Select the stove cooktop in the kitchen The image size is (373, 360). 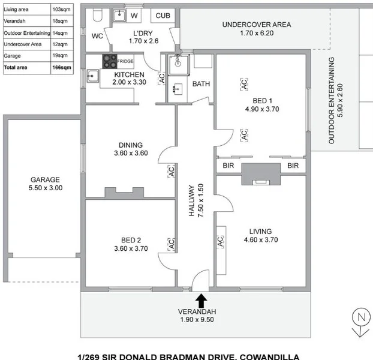click(x=110, y=61)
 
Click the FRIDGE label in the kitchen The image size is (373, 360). click(x=125, y=61)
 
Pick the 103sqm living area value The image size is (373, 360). click(x=61, y=10)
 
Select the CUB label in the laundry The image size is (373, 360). click(x=163, y=16)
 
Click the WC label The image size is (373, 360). click(x=98, y=36)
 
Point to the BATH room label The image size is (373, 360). click(x=201, y=84)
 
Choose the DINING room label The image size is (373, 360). click(x=130, y=145)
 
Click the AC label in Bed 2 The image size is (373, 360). click(x=171, y=244)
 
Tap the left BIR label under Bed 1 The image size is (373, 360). click(x=228, y=166)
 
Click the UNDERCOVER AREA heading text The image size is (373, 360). click(x=257, y=25)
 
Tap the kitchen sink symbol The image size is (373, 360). click(x=92, y=76)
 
